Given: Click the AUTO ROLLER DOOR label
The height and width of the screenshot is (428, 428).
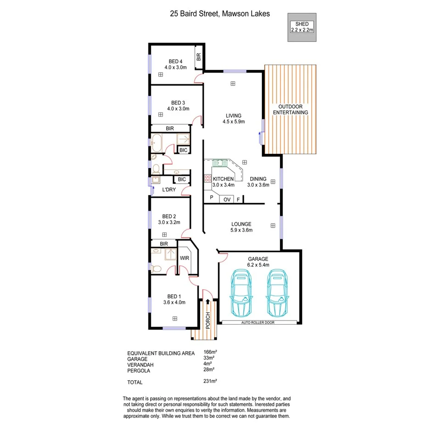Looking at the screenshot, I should pos(260,323).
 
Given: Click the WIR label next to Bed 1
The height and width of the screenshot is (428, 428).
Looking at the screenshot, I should pos(185,258).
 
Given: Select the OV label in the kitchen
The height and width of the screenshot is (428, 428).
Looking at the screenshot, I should pos(227,199).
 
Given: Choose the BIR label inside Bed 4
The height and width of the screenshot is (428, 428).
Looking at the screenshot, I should pos(198,57).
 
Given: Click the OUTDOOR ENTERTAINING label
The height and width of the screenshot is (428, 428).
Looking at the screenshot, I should pos(291,109).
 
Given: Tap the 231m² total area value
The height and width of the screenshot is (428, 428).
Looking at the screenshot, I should pos(210,381).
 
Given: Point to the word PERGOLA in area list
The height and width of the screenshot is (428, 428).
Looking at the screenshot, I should pos(138,370).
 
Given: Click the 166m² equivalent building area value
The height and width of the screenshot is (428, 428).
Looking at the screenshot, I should pos(210,353).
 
